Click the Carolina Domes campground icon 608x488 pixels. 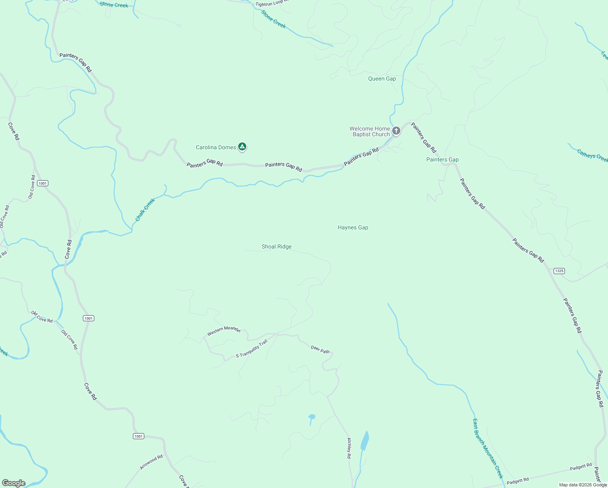[242, 146]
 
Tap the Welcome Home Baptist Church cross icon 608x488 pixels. [396, 131]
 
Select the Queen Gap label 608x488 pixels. [382, 78]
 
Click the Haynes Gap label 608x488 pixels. [353, 227]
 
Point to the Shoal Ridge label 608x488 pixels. [276, 246]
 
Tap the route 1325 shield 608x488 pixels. [559, 271]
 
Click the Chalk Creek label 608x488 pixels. [145, 210]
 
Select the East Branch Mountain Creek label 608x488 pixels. [488, 449]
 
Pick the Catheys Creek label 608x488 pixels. [593, 156]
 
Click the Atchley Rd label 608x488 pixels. [349, 448]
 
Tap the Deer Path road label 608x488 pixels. [320, 349]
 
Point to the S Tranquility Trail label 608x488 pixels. [252, 349]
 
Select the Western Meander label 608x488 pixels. [224, 330]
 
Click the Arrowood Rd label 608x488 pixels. [151, 462]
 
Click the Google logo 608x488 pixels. [14, 483]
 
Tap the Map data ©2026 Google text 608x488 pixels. [583, 485]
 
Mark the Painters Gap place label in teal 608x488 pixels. [442, 159]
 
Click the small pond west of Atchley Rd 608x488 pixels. [312, 416]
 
